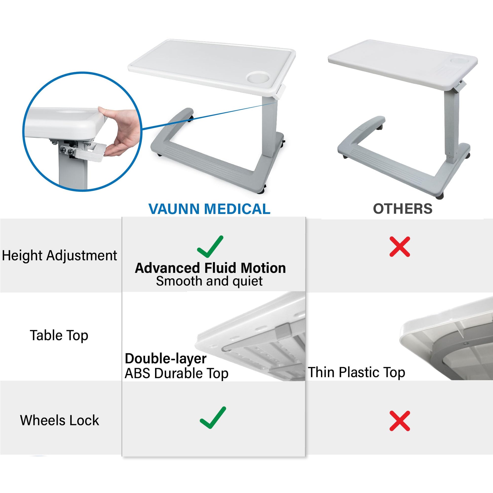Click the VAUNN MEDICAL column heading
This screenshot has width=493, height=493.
(209, 209)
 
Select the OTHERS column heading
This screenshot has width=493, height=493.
(403, 209)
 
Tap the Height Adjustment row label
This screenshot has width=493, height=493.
(60, 256)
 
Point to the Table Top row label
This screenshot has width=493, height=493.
(59, 335)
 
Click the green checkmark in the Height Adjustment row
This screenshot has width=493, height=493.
(210, 247)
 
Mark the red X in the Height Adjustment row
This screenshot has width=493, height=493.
(400, 247)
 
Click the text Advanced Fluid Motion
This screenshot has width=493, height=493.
(210, 268)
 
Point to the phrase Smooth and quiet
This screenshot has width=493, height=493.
(209, 281)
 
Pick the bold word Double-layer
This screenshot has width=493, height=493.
(166, 359)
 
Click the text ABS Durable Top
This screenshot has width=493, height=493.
(176, 374)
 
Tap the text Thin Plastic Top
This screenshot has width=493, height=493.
(356, 372)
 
